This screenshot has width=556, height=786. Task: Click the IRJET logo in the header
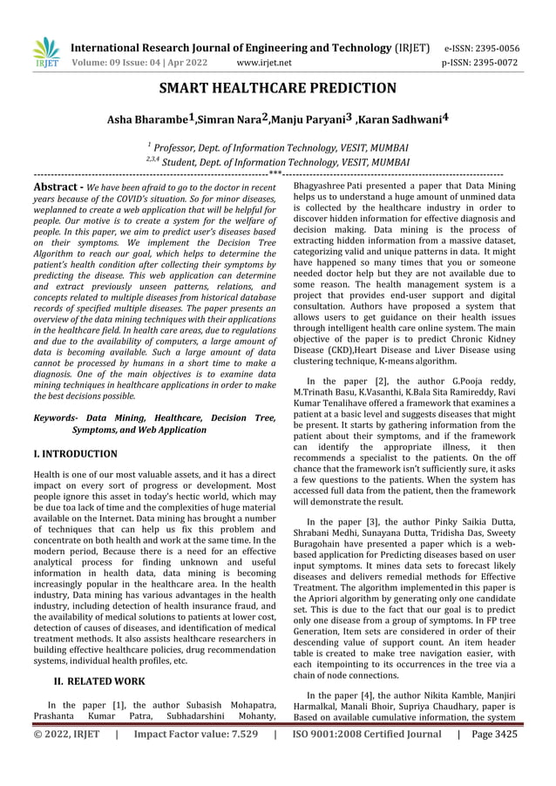tap(44, 53)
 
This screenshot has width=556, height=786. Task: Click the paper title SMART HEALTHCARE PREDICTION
tap(278, 88)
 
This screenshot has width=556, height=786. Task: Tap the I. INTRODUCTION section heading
tap(75, 454)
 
